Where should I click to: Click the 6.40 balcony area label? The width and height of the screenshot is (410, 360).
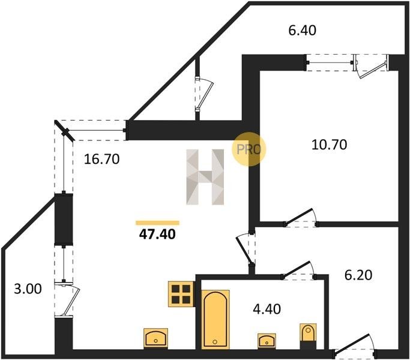tap(303, 29)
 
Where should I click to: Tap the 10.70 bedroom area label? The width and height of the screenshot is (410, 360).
tap(330, 145)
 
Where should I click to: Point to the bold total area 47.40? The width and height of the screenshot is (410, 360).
tap(157, 234)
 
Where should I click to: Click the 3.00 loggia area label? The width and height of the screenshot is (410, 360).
tap(28, 289)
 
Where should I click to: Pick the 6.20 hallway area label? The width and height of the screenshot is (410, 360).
tap(358, 275)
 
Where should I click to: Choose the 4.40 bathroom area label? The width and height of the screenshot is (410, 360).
tap(267, 309)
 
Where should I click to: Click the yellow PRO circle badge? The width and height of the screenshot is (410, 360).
tap(248, 149)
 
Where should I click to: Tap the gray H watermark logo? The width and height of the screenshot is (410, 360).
tap(205, 178)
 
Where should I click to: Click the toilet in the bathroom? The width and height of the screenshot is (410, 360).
tap(308, 335)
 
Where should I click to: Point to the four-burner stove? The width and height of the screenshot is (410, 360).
tap(180, 293)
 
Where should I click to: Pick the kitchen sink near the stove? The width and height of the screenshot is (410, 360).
tap(156, 338)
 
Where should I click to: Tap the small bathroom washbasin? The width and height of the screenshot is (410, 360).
tap(267, 340)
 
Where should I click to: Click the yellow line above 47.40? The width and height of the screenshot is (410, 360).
tap(157, 223)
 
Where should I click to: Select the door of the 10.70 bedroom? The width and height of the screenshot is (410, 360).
tap(300, 218)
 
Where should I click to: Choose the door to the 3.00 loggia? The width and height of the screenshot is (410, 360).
tap(66, 296)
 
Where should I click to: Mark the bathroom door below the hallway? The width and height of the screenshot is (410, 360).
tap(298, 271)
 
